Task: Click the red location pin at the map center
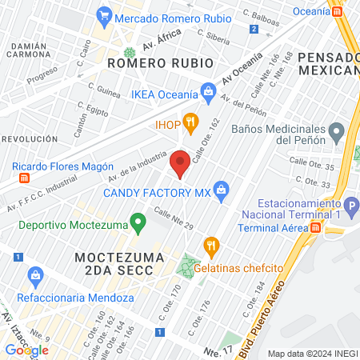tap(180, 162)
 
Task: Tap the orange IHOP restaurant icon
tap(190, 122)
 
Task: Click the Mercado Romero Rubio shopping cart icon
tap(103, 14)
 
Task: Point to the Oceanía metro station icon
tap(338, 11)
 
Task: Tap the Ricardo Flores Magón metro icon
tap(24, 178)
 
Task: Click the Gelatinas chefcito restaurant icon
tap(211, 244)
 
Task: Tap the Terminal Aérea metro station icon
tap(316, 228)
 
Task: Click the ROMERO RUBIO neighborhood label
tap(160, 62)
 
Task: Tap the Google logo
tap(26, 350)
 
